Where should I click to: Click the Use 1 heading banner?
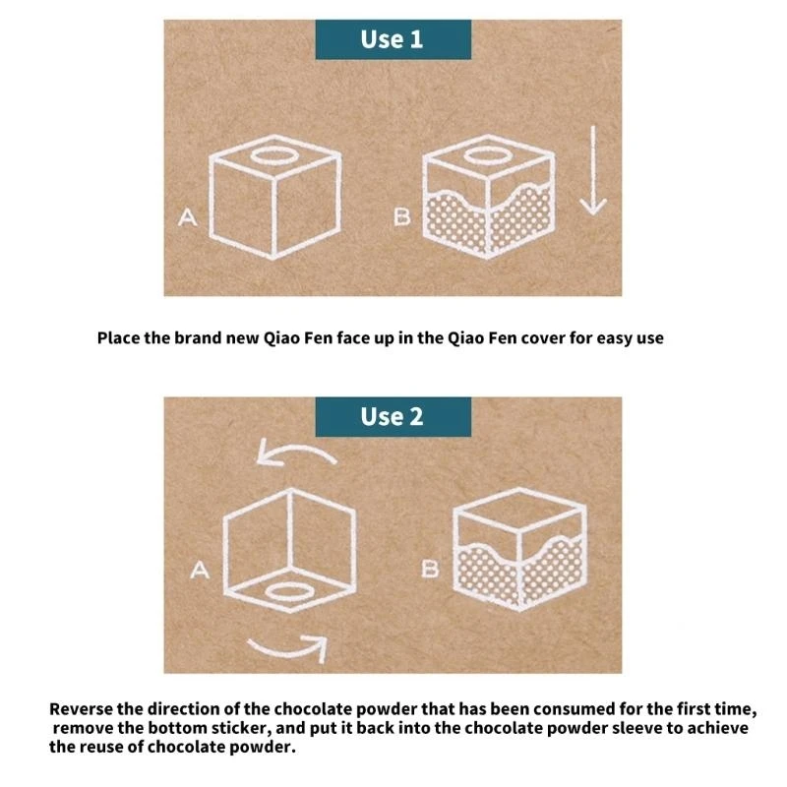[393, 39]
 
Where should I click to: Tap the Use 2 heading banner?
[393, 416]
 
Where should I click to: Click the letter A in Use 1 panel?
[188, 217]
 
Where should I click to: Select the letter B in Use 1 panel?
[402, 216]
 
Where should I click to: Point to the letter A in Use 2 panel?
[200, 571]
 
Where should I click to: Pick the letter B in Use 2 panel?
[430, 570]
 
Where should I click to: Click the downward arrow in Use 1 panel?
[593, 170]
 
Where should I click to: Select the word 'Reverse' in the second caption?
[81, 709]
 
